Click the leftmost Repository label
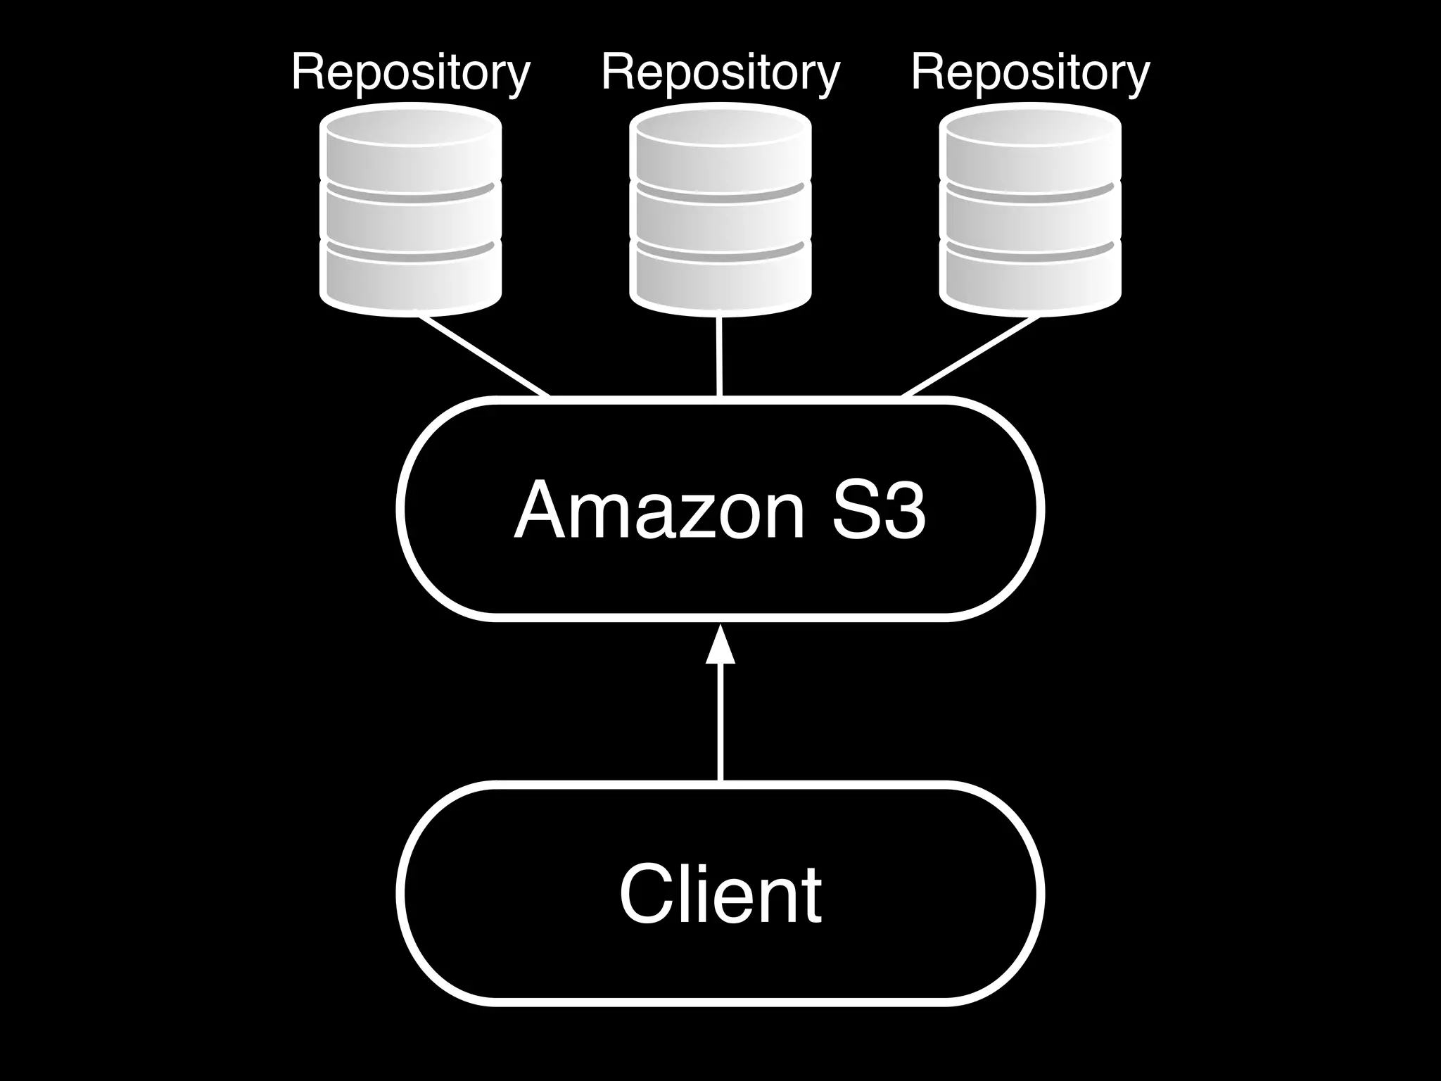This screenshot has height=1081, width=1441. [410, 72]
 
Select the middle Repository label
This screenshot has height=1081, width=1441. [720, 72]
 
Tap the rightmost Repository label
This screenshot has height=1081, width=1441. [1030, 72]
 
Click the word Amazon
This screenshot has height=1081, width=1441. [659, 510]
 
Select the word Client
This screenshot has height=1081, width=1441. [720, 894]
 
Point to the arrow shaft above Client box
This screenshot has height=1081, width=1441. [720, 725]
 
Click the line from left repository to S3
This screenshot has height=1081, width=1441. [484, 356]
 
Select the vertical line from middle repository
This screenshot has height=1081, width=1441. [720, 356]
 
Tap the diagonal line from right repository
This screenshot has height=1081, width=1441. [971, 356]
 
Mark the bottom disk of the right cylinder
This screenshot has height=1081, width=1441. [1030, 278]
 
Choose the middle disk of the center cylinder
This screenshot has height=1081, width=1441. [720, 218]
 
